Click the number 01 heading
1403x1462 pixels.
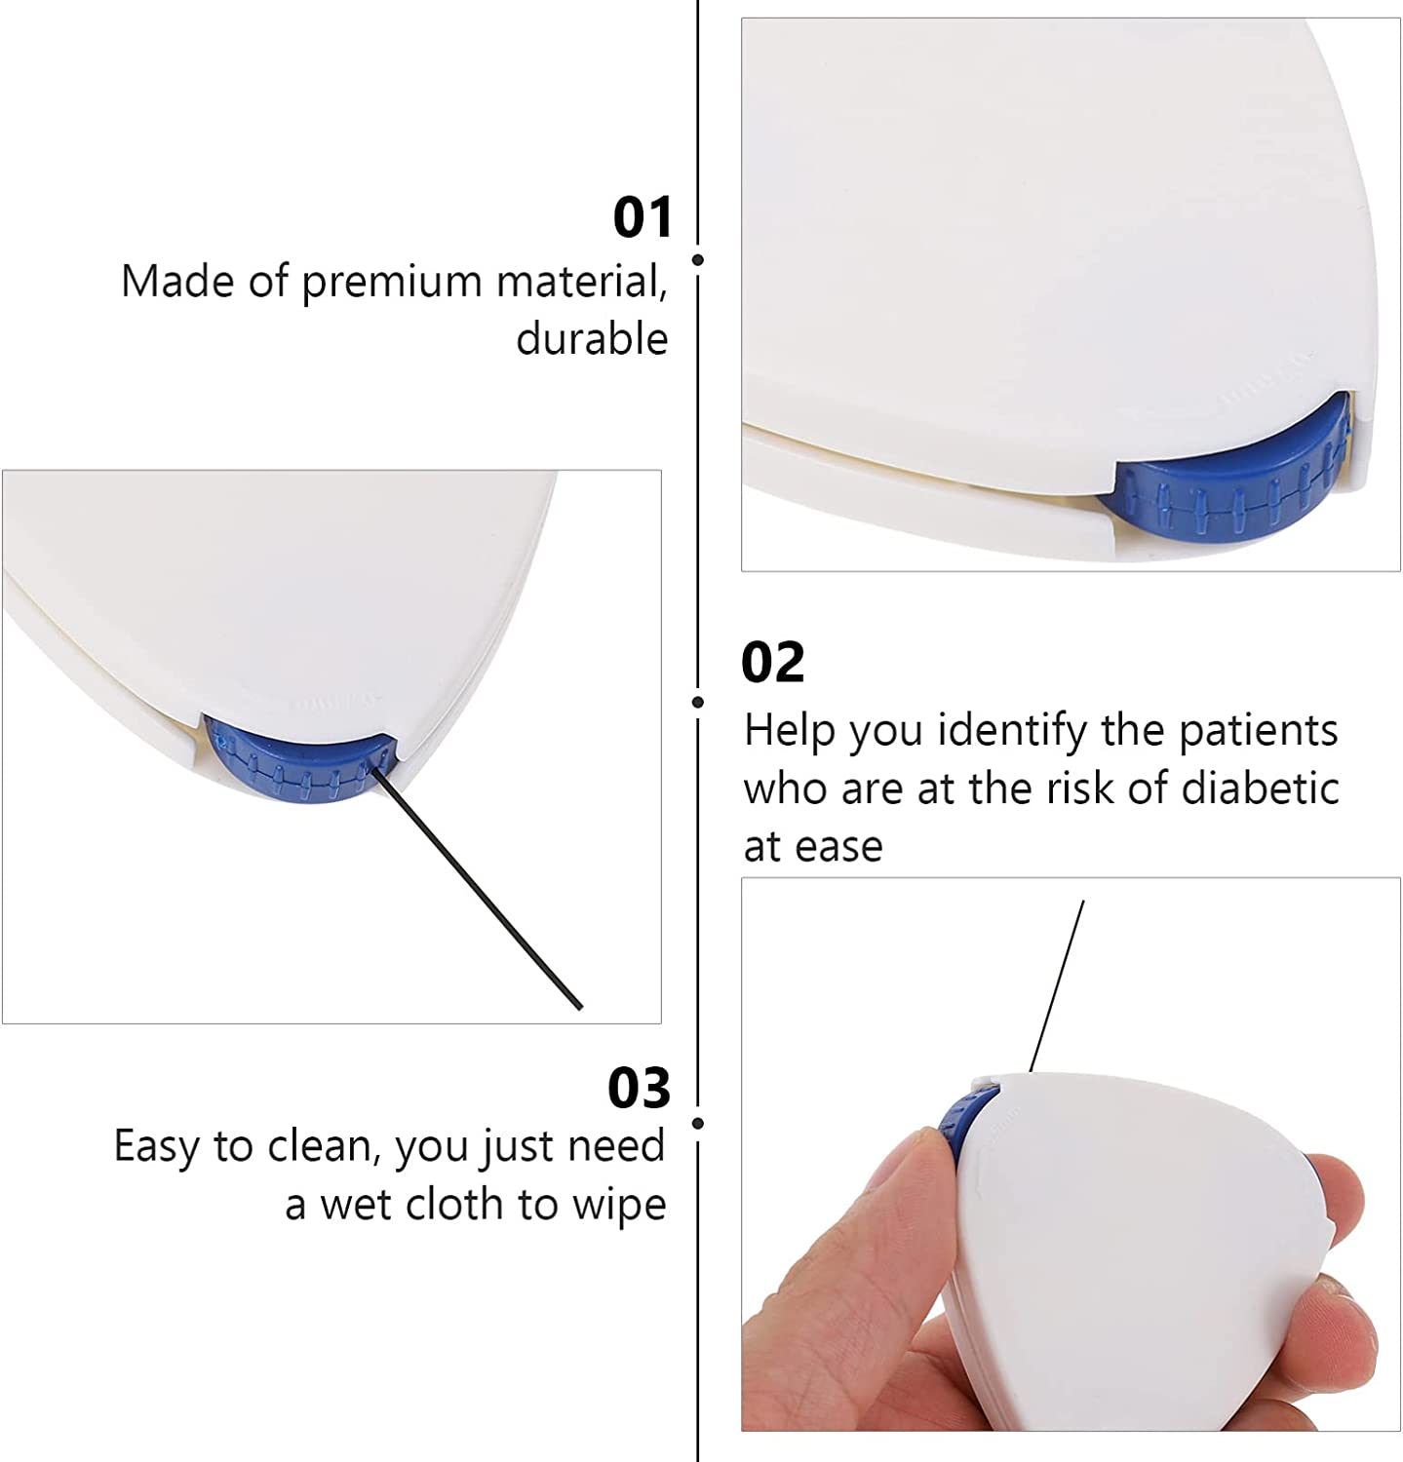point(643,217)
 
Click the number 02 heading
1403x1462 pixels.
point(772,663)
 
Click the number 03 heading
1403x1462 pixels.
point(639,1088)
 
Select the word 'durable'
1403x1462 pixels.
point(592,339)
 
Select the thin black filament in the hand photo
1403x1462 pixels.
point(1058,984)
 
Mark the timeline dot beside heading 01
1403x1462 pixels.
point(698,259)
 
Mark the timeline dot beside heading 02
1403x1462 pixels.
point(698,702)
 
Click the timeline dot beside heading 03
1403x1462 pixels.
point(698,1124)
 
